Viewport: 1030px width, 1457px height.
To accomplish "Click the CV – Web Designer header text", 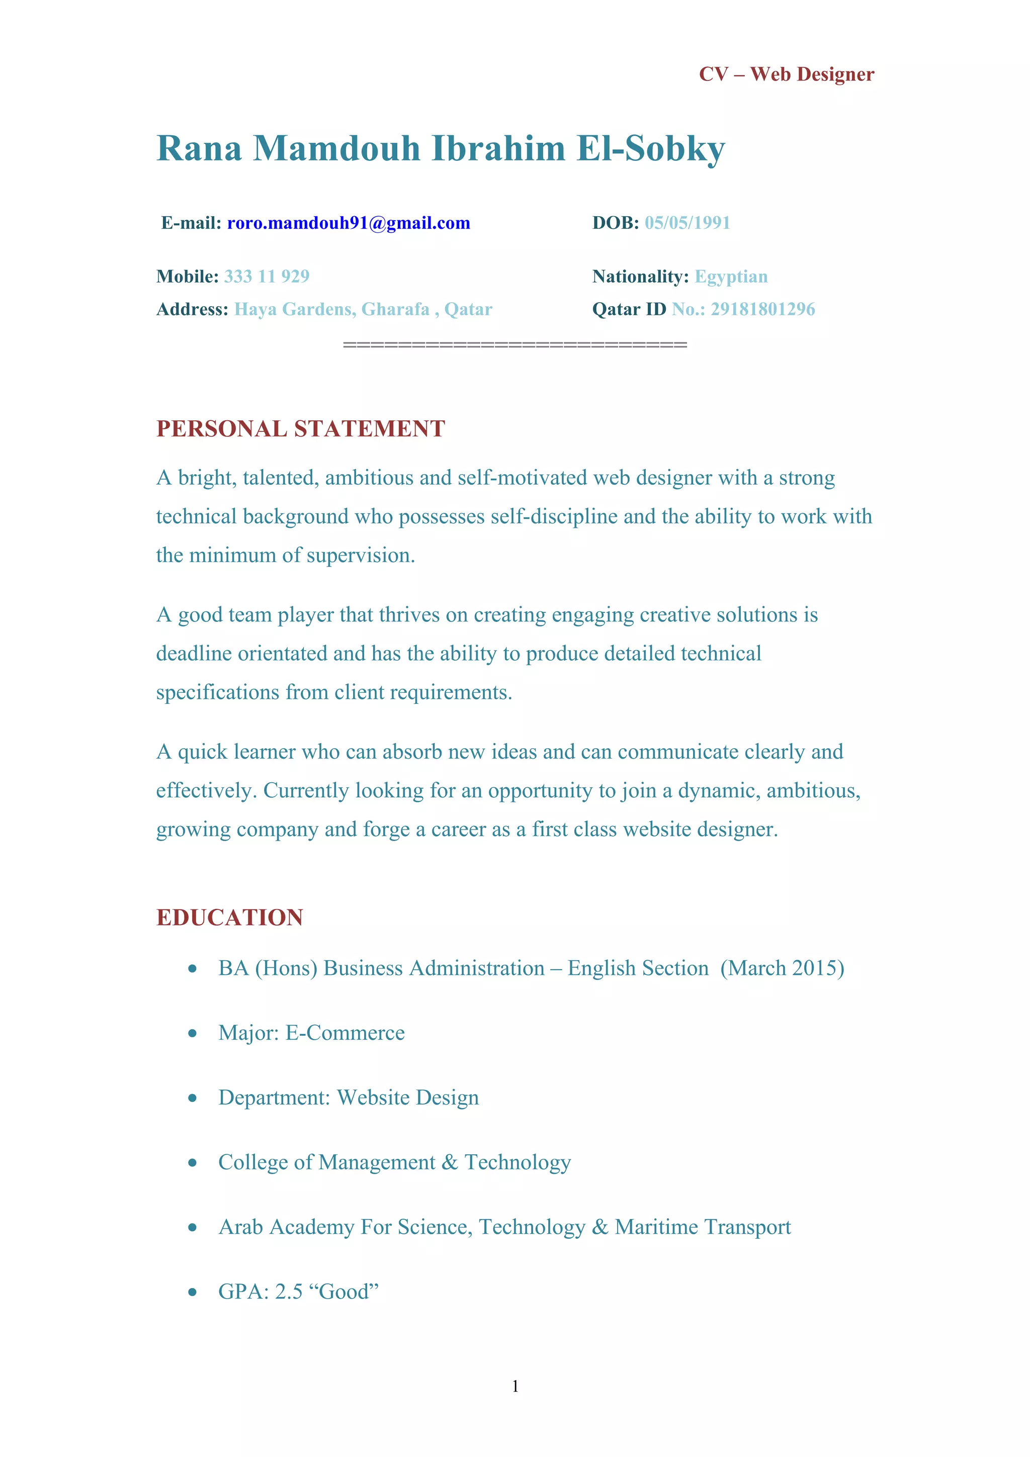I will coord(786,74).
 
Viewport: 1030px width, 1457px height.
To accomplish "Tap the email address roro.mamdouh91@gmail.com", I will coord(349,223).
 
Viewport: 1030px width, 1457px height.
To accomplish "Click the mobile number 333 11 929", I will coord(267,276).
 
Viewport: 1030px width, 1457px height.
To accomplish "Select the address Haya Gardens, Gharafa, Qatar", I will coord(363,309).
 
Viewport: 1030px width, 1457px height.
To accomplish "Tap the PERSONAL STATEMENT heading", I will coord(300,429).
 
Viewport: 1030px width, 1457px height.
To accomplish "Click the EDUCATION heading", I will coord(230,918).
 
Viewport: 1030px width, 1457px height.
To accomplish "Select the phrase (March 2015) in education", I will coord(782,968).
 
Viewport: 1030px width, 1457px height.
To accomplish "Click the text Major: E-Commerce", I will coord(311,1033).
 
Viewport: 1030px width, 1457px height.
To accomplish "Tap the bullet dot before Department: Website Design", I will coord(192,1098).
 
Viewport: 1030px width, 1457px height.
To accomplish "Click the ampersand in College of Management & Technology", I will coord(450,1162).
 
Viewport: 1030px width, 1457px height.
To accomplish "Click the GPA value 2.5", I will coord(289,1292).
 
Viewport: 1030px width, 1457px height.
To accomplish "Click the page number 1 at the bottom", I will coord(514,1387).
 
